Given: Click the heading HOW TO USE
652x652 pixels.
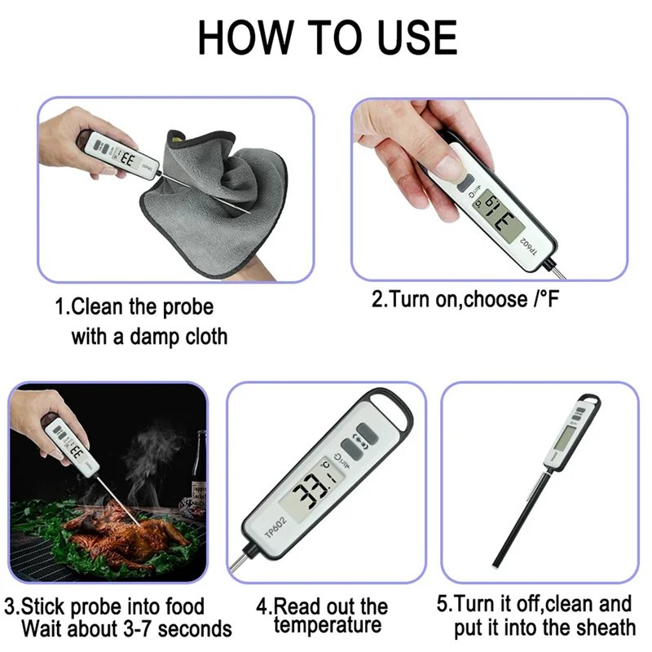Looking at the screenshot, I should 327,36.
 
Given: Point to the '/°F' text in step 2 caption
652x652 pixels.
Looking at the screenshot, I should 544,299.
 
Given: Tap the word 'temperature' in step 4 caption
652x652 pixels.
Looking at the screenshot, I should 328,626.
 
